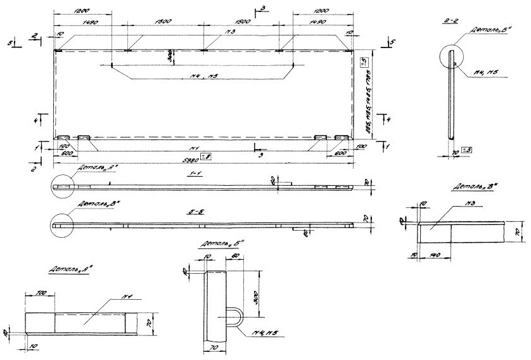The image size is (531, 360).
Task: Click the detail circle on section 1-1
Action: coord(64,186)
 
